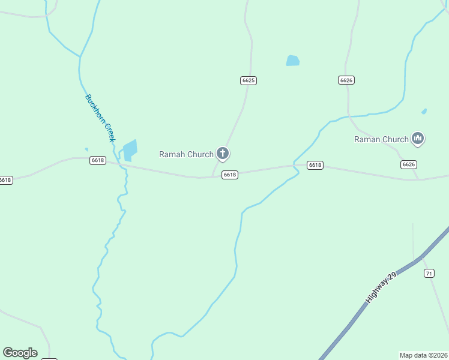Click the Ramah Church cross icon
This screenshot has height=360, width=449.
pos(223,154)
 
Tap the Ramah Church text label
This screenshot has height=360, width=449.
pos(186,154)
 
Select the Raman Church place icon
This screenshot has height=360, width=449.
pos(418,139)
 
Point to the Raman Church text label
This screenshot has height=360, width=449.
pos(381,139)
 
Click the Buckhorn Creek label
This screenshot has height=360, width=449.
pos(100,118)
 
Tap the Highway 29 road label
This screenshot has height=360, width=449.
pos(382,287)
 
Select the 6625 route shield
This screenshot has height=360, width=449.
pos(249,80)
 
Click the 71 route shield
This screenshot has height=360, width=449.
pos(429,274)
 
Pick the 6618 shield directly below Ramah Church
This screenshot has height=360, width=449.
pos(230,175)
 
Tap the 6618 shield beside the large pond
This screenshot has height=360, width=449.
pos(98,160)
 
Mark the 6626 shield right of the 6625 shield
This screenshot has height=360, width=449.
pos(346,80)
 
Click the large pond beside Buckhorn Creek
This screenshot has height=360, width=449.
pos(130,150)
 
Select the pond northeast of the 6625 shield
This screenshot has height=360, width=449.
pos(292,61)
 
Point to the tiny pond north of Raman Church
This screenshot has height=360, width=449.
pos(424,111)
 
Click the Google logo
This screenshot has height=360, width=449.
pos(20,353)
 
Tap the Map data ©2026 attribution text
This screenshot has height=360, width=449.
pos(423,355)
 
